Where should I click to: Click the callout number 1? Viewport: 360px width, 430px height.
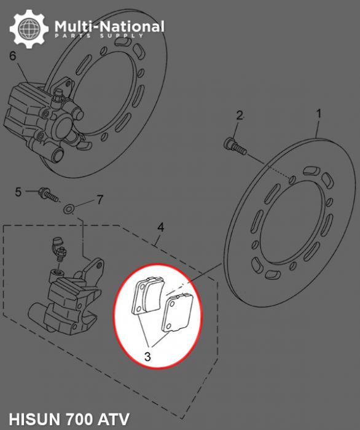319,114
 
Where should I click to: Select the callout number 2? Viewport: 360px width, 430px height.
240,115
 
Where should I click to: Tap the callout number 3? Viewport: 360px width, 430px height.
147,356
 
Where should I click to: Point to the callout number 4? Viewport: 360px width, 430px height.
160,227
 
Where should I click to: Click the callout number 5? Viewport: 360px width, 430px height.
18,192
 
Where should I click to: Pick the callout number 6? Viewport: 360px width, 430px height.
12,57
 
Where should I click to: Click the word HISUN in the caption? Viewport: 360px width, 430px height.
31,420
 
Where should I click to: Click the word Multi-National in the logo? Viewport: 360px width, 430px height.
109,26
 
